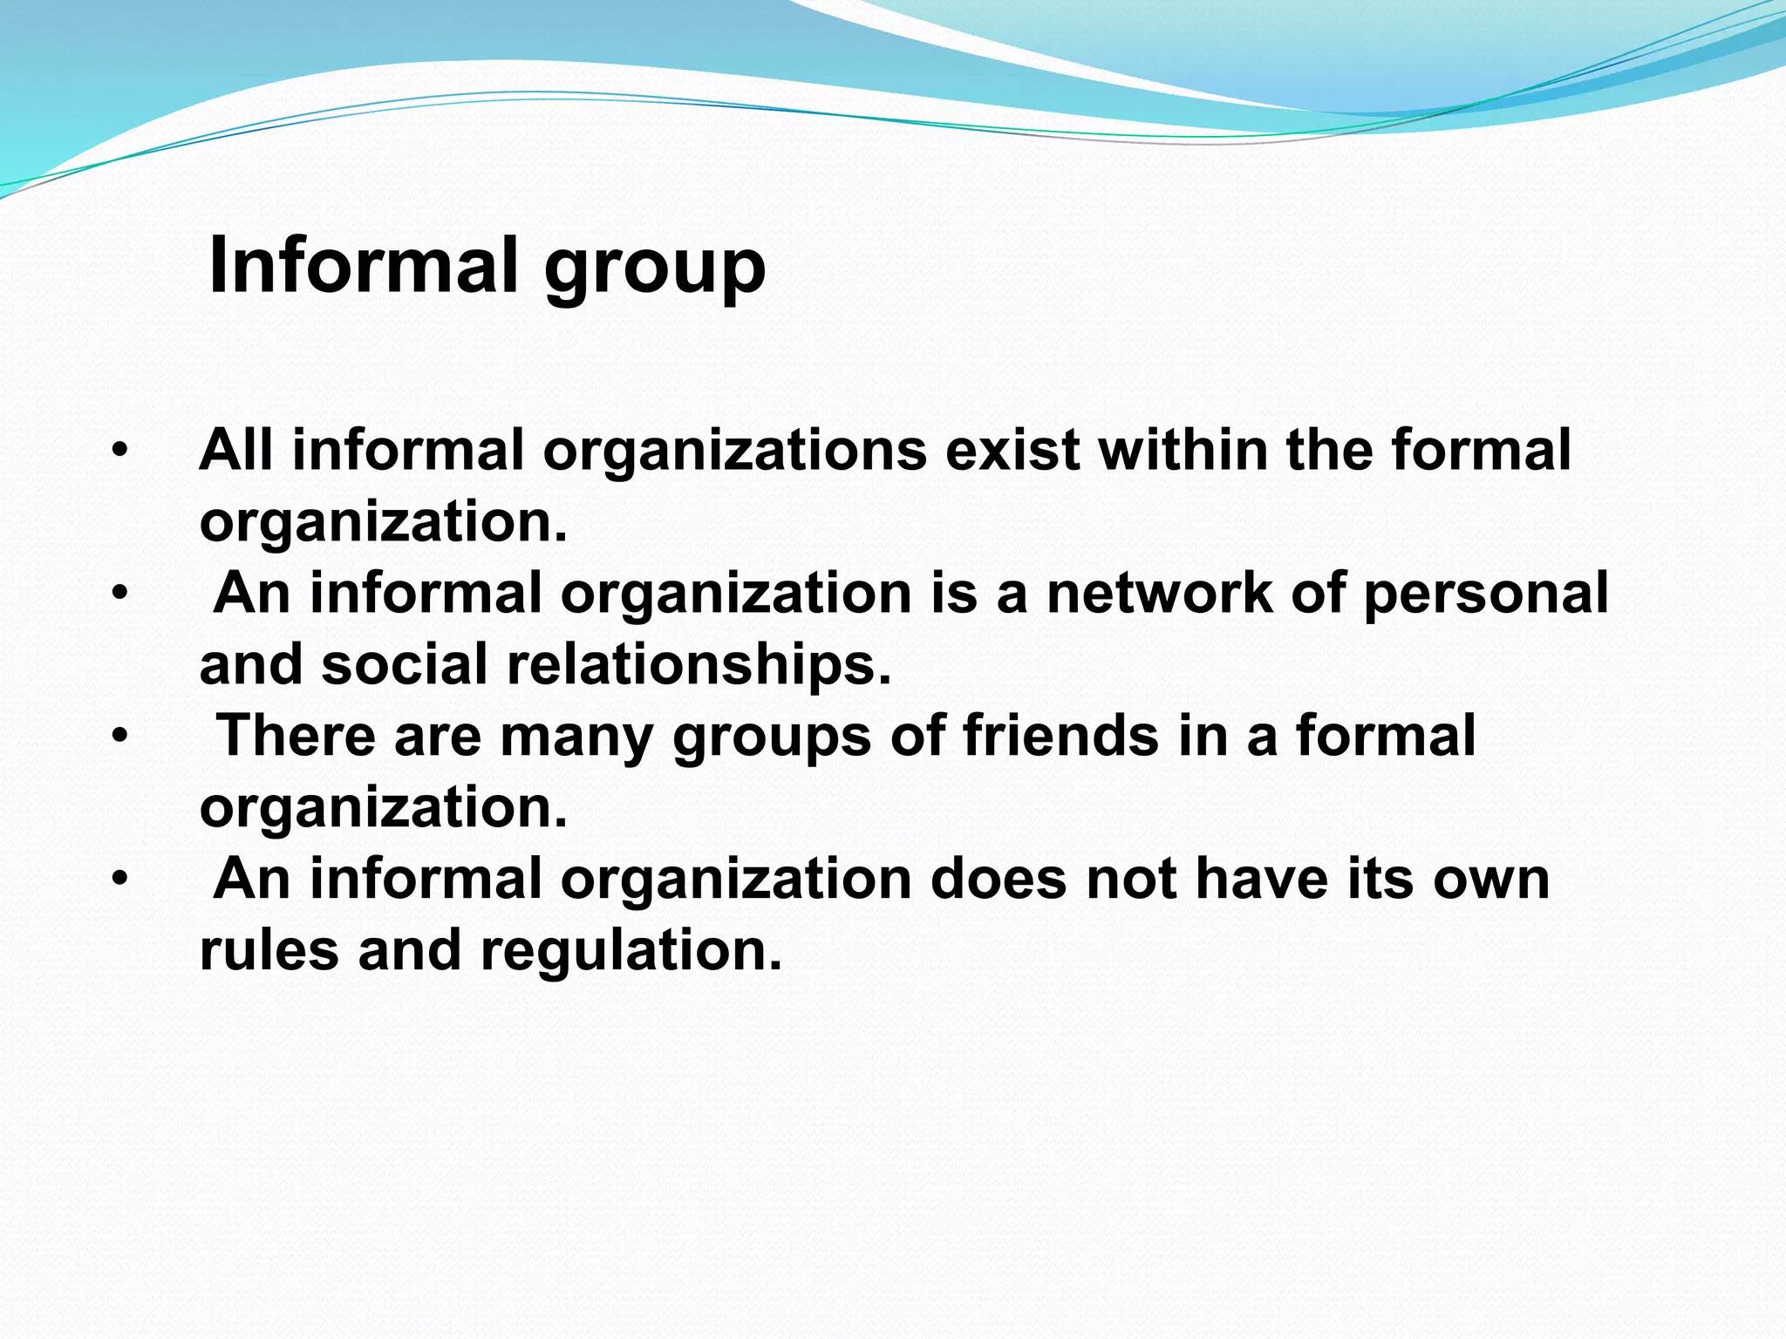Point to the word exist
[x=1012, y=450]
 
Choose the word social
[x=404, y=664]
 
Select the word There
[x=296, y=736]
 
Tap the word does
[x=998, y=879]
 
